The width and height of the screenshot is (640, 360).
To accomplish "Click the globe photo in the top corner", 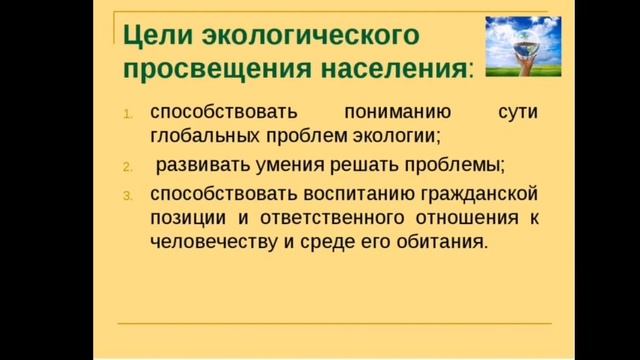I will [x=517, y=47].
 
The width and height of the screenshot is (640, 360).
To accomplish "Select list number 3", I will [x=128, y=193].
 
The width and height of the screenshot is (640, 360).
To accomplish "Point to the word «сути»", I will [x=518, y=113].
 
